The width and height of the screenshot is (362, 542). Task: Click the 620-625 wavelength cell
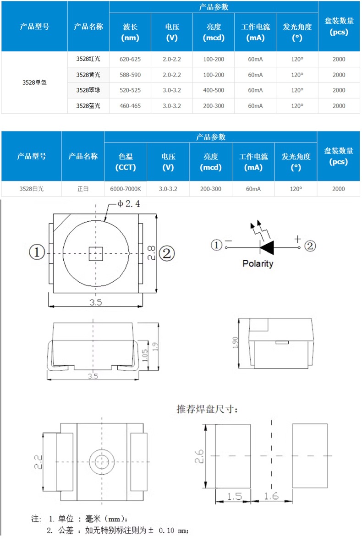(130, 59)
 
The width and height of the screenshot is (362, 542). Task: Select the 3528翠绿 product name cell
(88, 90)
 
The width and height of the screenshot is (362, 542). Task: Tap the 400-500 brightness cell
(214, 90)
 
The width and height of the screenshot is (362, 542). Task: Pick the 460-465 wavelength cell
(130, 106)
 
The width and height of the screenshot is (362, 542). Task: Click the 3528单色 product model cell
(34, 82)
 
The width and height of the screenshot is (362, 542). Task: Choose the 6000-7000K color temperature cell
(126, 189)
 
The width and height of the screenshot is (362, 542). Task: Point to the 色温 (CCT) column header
(126, 162)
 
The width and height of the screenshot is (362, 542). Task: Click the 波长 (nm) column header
(130, 32)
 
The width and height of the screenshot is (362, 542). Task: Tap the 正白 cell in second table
(83, 189)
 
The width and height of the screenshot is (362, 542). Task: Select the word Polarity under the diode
(258, 263)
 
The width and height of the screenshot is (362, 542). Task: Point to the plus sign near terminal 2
(297, 239)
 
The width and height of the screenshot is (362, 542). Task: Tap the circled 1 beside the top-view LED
(37, 252)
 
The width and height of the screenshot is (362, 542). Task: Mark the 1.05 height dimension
(145, 355)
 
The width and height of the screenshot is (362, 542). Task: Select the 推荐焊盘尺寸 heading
(207, 409)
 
